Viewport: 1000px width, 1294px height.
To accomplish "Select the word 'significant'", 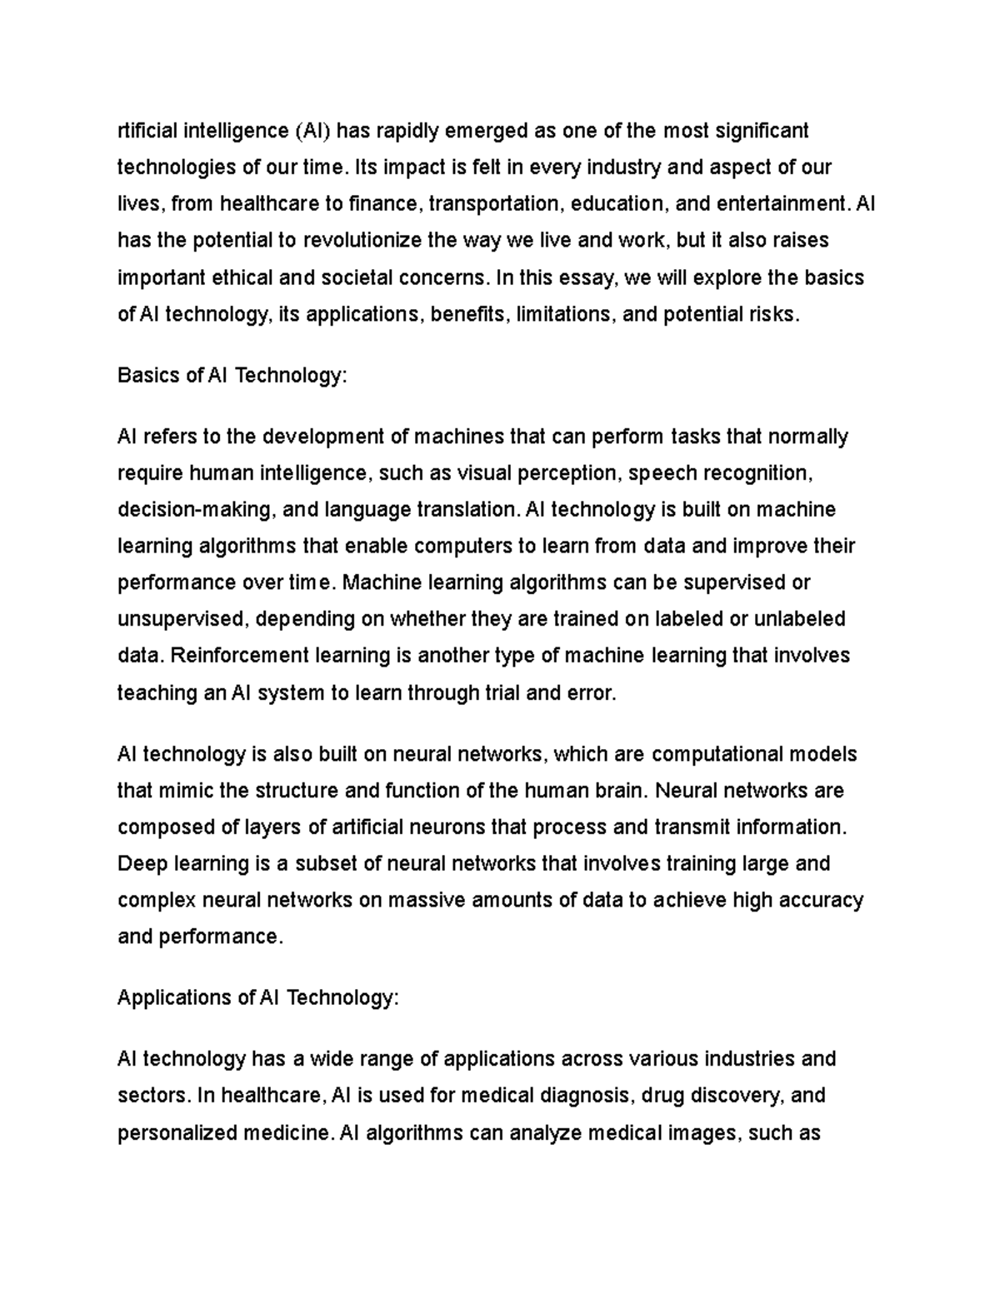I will point(763,131).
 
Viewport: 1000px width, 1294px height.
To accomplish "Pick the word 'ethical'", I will point(248,277).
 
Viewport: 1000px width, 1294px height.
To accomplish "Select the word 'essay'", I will point(585,277).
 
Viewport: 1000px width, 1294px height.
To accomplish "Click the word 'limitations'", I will point(560,314).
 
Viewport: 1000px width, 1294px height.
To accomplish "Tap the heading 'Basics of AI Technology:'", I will point(231,375).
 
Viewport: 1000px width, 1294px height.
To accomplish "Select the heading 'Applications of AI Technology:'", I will point(258,997).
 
